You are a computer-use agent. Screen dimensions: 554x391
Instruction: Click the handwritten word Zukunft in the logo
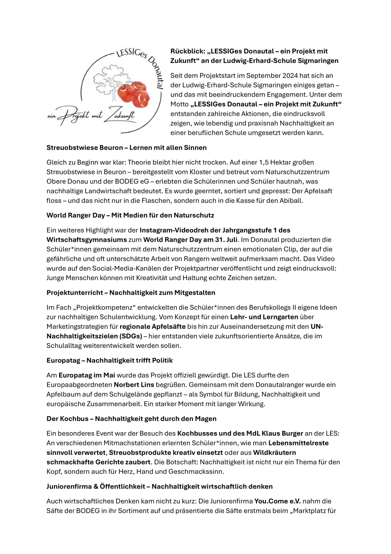click(120, 115)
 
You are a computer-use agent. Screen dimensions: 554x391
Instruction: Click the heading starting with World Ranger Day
click(130, 216)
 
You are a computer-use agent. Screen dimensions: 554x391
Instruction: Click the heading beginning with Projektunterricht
click(131, 292)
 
